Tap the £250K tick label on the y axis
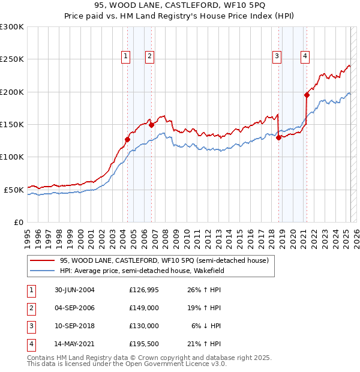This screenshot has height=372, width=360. [x=12, y=59]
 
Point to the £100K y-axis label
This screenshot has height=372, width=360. [x=12, y=157]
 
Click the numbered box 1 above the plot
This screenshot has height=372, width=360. [x=126, y=56]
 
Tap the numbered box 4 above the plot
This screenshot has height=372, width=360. [x=305, y=56]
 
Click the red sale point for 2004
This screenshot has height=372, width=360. [x=128, y=139]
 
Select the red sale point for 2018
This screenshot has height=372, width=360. [x=279, y=137]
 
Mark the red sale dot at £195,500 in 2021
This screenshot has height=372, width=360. [x=307, y=94]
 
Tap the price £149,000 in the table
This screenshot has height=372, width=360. [x=144, y=308]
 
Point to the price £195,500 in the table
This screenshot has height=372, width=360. [x=144, y=344]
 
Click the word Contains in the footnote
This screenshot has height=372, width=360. [x=42, y=358]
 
